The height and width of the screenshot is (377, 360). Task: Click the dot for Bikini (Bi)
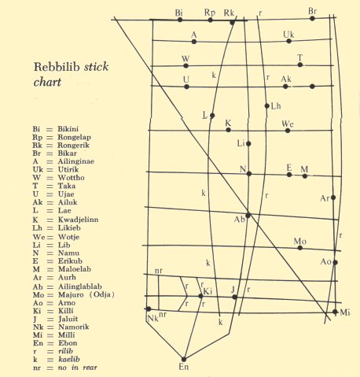(x=181, y=19)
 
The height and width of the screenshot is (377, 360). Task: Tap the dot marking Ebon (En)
(x=184, y=358)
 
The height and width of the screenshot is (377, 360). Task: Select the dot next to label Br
(x=313, y=18)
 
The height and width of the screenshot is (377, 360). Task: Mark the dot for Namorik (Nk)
(x=149, y=309)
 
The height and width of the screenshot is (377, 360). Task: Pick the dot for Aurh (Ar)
(x=334, y=198)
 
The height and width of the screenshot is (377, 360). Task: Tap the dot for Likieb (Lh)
(x=268, y=105)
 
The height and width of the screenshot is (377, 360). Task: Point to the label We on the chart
(x=288, y=124)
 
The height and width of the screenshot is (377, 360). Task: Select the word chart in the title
(x=46, y=81)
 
